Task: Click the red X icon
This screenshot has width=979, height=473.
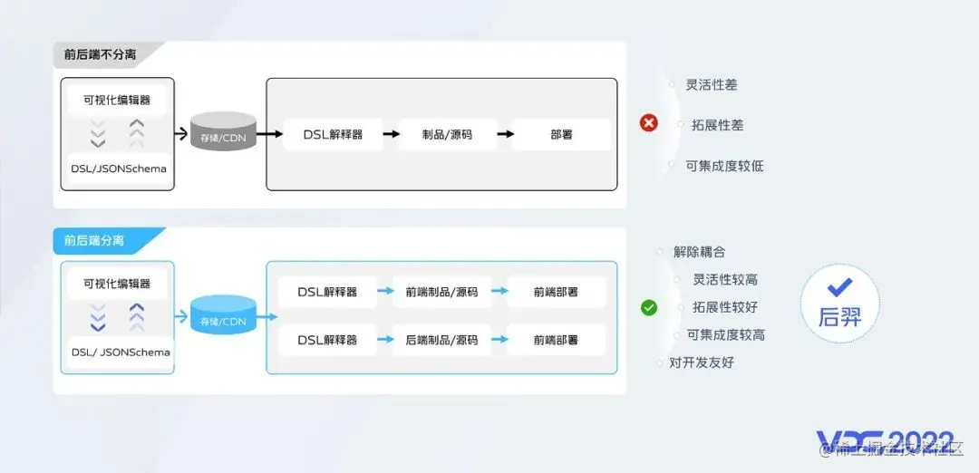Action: [x=649, y=123]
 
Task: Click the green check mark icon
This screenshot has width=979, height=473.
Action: [x=649, y=307]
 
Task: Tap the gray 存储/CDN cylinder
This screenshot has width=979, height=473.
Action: [x=224, y=133]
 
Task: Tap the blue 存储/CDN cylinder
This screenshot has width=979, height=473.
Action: [x=224, y=317]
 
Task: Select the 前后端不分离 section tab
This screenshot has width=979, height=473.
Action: [x=102, y=54]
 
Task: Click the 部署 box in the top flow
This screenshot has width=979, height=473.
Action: [x=561, y=134]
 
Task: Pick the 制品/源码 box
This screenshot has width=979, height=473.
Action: [x=447, y=134]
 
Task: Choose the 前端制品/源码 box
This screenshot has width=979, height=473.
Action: [x=441, y=292]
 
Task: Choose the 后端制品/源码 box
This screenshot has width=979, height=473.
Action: [x=441, y=340]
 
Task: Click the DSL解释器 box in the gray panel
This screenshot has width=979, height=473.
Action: [x=333, y=134]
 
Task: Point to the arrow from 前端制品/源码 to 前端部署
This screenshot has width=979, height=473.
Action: [x=499, y=292]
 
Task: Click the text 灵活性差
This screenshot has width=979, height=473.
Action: [x=711, y=84]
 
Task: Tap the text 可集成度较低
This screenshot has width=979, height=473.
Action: [x=724, y=166]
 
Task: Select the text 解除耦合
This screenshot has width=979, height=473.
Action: [x=699, y=252]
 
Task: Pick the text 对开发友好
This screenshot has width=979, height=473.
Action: [x=701, y=362]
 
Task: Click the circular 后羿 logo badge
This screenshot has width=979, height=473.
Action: [x=839, y=304]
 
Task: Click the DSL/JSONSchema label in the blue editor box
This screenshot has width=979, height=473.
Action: [x=121, y=352]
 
